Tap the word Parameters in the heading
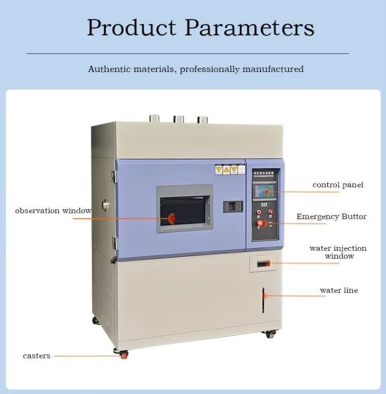coord(250,27)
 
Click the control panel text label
coord(338,185)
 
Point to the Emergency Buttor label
coord(331,217)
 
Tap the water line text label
coord(339,290)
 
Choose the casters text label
coord(37,355)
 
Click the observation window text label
coord(53,210)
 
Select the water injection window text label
coord(338,252)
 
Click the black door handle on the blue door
coord(233,206)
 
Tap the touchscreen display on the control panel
coord(266,192)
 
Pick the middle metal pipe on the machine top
coord(179,119)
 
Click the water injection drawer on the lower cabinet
coord(263,263)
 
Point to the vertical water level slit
coord(263,300)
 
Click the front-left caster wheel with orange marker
coord(124,354)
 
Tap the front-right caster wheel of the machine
coord(269,334)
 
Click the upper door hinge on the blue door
coord(114,176)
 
